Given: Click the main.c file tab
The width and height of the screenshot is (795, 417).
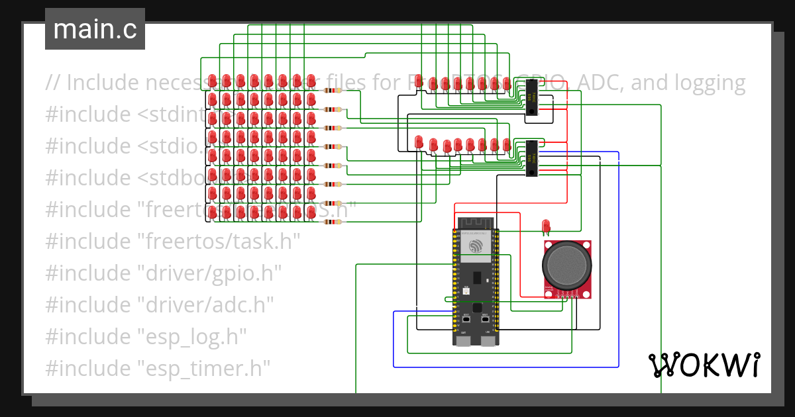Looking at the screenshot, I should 95,29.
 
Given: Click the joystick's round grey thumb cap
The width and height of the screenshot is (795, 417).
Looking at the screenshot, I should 566,265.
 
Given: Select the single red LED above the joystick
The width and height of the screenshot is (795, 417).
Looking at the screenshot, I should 546,226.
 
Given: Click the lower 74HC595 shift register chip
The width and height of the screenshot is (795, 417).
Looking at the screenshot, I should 532,159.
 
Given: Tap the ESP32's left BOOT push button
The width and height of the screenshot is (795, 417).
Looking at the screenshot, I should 466,319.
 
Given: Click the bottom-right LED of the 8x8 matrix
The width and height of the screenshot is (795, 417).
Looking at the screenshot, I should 311,212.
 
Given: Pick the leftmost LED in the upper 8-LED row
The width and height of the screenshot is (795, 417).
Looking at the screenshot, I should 419,83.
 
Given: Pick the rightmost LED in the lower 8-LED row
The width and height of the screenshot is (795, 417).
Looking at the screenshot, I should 506,144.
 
